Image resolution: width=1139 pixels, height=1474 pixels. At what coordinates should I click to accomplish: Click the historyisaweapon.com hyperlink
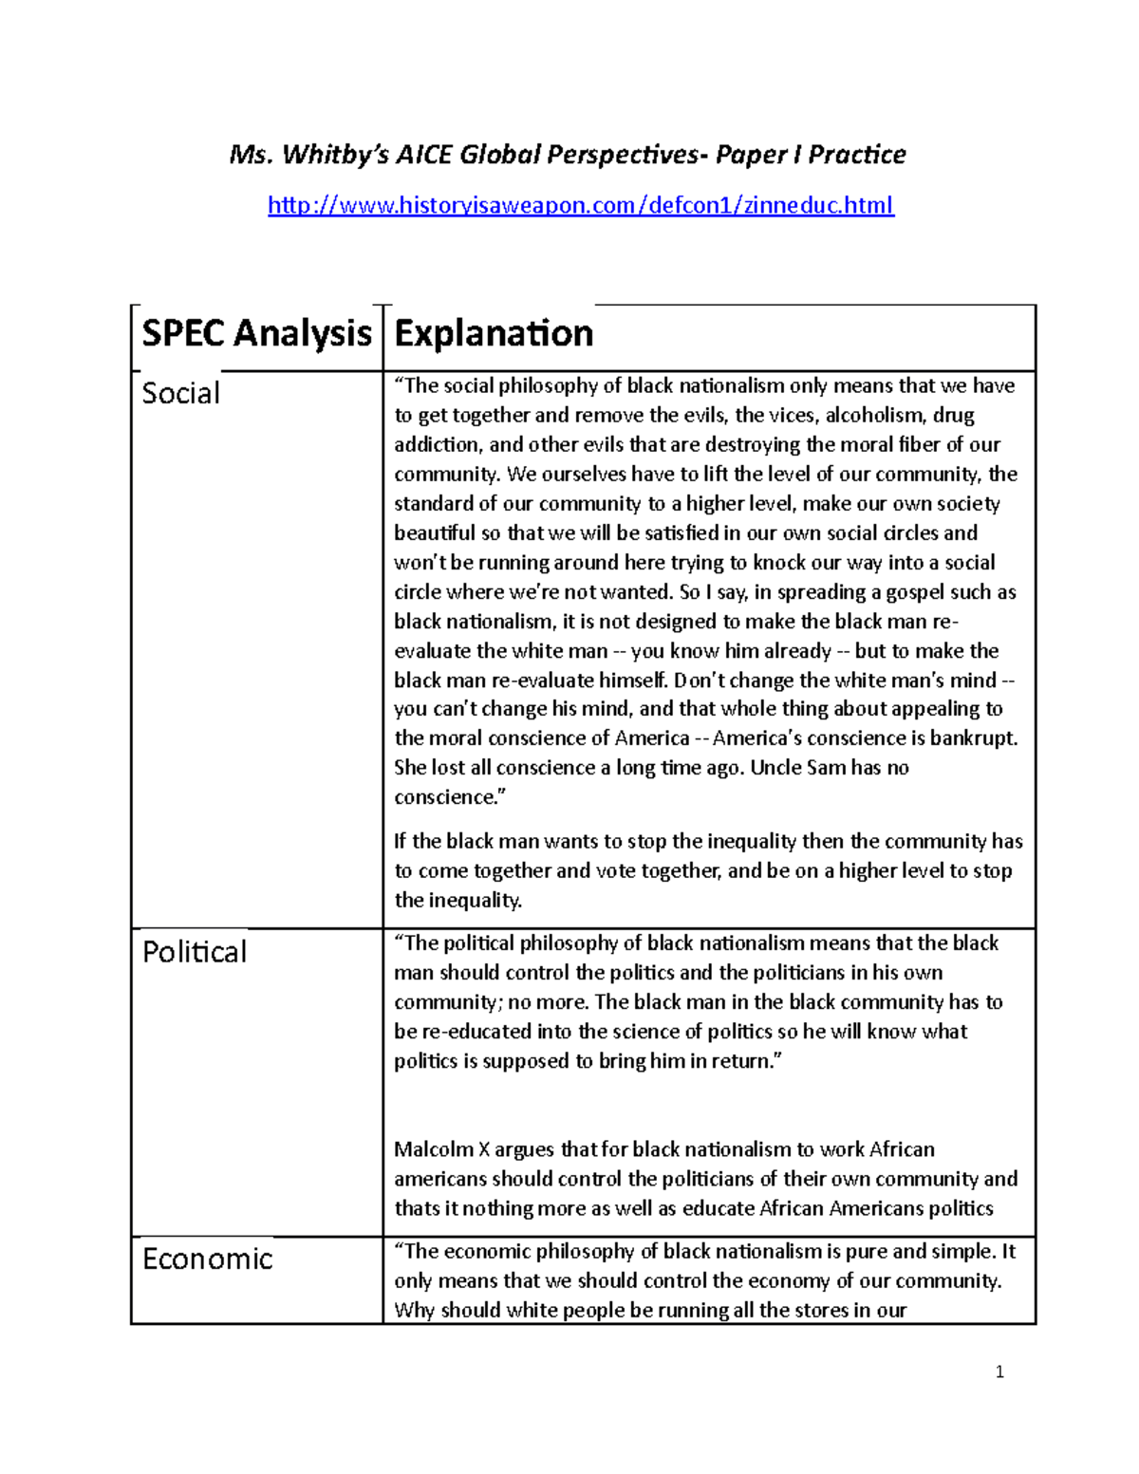(580, 205)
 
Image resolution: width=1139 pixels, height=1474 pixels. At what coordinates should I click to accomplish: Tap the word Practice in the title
(856, 155)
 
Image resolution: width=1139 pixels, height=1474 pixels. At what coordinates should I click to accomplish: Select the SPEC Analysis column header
(256, 334)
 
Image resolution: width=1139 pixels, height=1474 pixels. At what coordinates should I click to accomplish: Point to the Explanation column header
(494, 334)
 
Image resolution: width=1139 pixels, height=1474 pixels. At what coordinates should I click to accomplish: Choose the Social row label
(180, 393)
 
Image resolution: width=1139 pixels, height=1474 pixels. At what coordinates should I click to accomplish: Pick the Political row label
(195, 952)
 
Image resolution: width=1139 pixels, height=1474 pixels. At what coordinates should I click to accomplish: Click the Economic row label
(207, 1259)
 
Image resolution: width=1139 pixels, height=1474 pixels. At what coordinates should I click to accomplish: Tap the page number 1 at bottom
(999, 1371)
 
